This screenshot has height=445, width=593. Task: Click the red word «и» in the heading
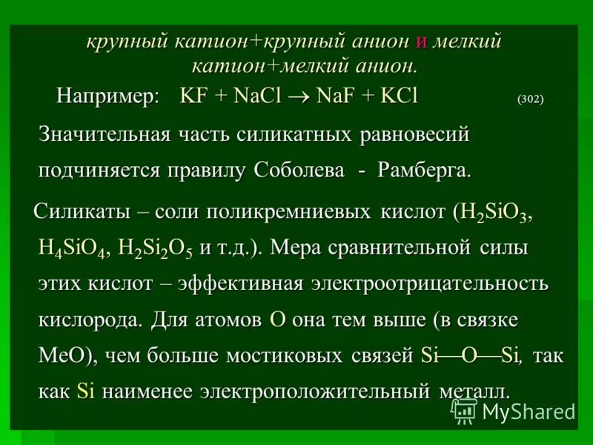click(x=421, y=42)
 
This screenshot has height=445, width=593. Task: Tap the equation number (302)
click(x=529, y=99)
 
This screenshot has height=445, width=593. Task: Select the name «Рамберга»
click(x=423, y=170)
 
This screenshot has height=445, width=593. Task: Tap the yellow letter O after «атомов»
click(x=278, y=320)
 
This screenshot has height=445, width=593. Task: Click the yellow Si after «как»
click(x=86, y=391)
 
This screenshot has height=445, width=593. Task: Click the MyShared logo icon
click(x=465, y=410)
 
